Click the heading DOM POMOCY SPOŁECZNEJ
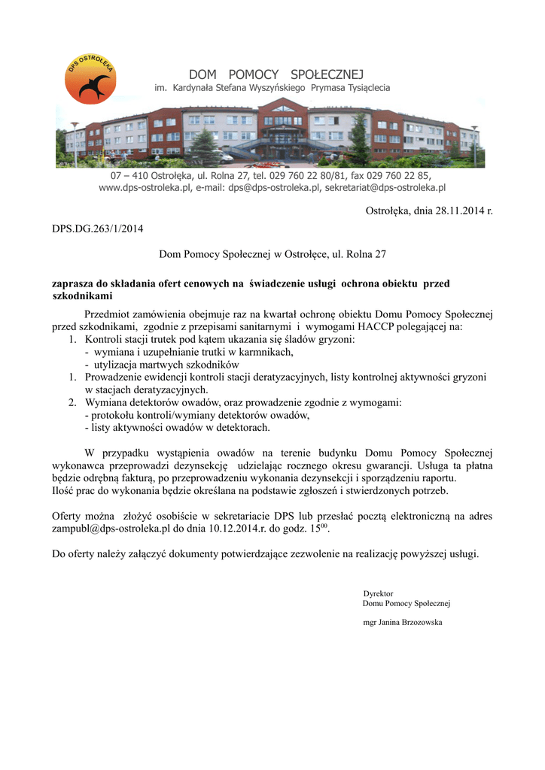point(276,74)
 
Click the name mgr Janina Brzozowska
point(403,623)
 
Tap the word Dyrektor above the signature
point(378,593)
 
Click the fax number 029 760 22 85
point(400,175)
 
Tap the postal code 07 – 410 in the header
point(124,175)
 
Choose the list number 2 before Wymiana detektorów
point(73,403)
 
